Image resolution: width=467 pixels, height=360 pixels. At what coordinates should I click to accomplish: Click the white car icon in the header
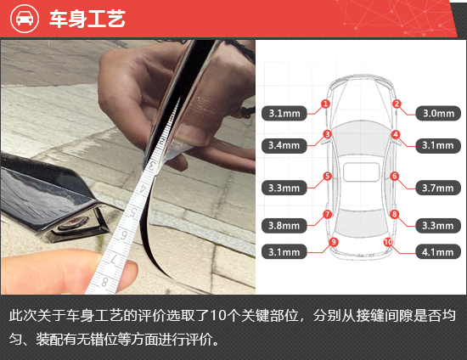pos(25,19)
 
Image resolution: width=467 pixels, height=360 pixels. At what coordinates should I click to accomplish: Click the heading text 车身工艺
pos(87,19)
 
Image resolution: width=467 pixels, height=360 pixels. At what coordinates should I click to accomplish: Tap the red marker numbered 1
pos(325,104)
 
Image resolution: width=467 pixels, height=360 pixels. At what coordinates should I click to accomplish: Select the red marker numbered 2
pos(397,104)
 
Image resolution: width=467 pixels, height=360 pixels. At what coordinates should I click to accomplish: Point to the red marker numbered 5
pos(327,176)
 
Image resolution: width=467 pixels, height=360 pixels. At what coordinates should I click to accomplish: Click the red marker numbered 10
pos(388,242)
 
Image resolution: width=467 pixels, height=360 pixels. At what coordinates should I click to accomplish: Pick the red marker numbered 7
pos(327,214)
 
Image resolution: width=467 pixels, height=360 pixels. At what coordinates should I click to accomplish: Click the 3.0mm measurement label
pos(438,113)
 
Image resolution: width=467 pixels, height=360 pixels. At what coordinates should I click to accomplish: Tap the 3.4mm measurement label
pos(284,145)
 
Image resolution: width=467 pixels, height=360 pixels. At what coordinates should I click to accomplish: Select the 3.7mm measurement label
pos(438,188)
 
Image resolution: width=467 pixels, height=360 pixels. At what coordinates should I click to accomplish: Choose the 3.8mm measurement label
pos(284,225)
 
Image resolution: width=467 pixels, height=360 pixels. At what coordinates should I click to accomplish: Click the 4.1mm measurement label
pos(438,252)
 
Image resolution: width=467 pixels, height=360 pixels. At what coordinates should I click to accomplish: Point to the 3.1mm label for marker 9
pos(284,252)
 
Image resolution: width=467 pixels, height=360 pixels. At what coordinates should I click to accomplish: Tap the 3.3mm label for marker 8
pos(438,225)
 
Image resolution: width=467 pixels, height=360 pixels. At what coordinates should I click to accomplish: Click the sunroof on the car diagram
pos(361,172)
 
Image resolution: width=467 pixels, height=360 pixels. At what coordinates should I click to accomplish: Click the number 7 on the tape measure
pos(114,258)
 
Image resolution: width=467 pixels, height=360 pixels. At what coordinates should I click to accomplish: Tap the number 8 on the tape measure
pos(104,281)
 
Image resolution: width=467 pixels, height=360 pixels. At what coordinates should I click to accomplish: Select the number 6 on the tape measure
pos(124,235)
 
